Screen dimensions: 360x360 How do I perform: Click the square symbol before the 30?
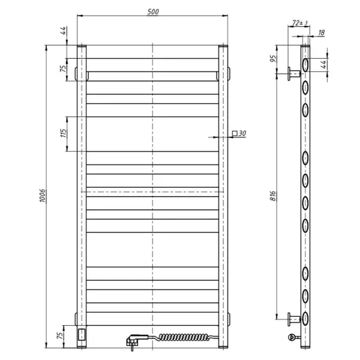(234, 133)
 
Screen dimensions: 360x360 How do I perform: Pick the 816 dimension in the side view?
(272, 197)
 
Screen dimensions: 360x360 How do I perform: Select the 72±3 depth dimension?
(299, 23)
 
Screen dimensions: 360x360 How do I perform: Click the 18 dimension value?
(322, 34)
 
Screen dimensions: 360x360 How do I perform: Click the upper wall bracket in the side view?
(293, 74)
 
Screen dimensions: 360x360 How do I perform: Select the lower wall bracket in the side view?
(293, 319)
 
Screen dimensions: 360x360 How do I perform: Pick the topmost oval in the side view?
(306, 64)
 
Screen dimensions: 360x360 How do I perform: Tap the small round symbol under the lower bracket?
(292, 337)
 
